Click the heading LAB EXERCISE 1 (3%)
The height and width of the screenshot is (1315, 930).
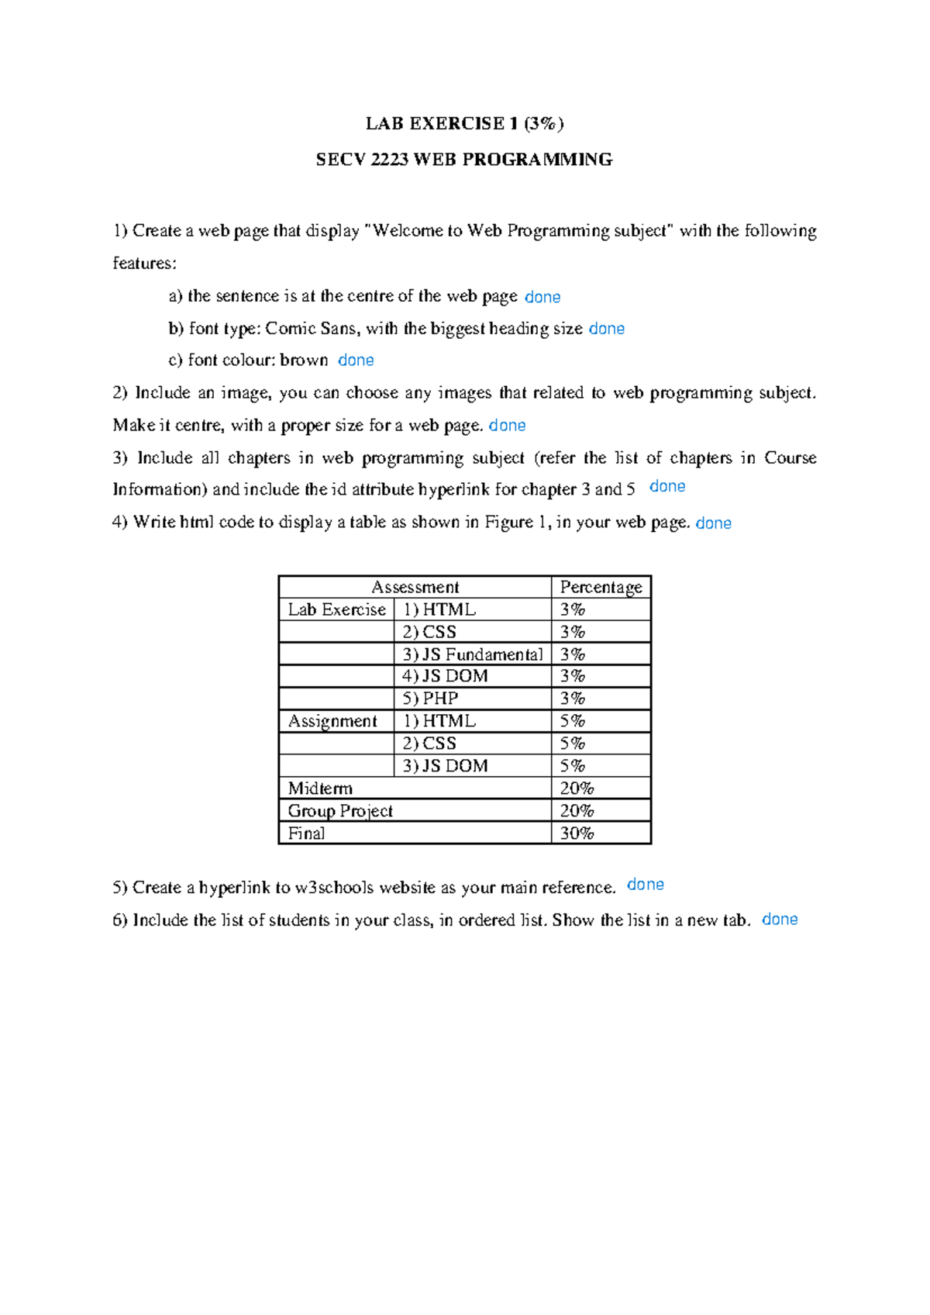[x=464, y=123]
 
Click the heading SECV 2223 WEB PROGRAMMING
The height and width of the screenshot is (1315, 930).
[x=464, y=160]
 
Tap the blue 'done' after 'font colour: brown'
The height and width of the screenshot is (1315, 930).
[x=356, y=361]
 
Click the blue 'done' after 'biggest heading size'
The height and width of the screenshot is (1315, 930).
[x=606, y=329]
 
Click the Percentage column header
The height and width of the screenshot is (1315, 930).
[x=601, y=588]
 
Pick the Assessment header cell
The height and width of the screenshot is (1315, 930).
[x=415, y=588]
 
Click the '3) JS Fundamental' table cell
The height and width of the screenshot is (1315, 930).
[x=472, y=654]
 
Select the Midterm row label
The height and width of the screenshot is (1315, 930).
[x=320, y=789]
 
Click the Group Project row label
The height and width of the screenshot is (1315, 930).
[x=340, y=811]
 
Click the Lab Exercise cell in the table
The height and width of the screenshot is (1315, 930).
[x=336, y=610]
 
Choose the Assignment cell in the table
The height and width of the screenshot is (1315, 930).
[x=332, y=721]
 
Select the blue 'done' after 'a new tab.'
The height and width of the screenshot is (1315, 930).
[x=780, y=920]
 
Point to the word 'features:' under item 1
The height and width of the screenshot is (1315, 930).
[x=145, y=264]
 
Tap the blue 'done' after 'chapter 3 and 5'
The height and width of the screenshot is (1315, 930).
[x=667, y=487]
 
